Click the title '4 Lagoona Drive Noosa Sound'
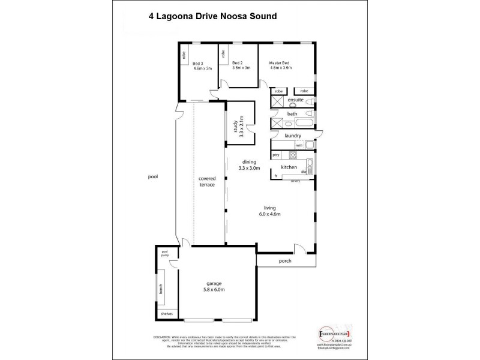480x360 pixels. click(x=212, y=17)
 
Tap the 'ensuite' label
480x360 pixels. click(x=295, y=99)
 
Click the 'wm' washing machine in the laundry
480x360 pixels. click(x=299, y=145)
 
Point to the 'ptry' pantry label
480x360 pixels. click(x=276, y=155)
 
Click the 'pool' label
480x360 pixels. click(x=154, y=177)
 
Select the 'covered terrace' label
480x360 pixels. click(x=208, y=182)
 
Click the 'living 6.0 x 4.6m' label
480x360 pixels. click(x=268, y=211)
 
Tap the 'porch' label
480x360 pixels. click(x=286, y=262)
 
